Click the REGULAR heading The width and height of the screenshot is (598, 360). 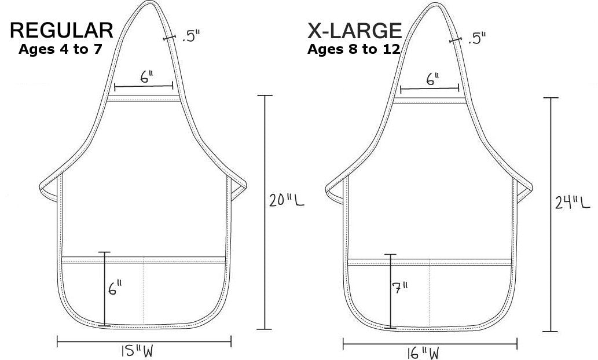[x=61, y=31]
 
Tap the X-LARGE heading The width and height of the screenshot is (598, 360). [x=355, y=31]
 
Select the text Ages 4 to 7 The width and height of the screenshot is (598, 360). [x=60, y=49]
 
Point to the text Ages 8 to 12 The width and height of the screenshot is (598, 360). [x=354, y=49]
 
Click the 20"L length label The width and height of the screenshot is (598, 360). [x=287, y=200]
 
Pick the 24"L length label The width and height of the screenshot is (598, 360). [x=573, y=202]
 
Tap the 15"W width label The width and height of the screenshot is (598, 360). [x=137, y=351]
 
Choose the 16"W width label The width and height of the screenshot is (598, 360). [x=423, y=353]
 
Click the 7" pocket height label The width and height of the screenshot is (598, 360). [x=400, y=287]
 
